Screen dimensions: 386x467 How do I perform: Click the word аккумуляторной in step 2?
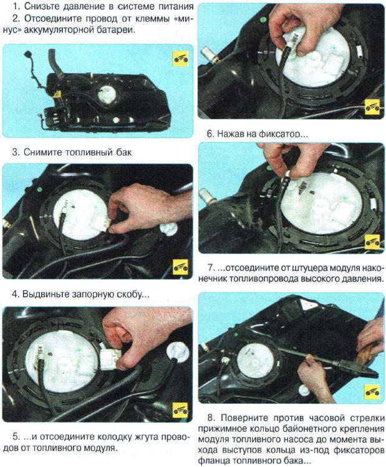[x=59, y=31]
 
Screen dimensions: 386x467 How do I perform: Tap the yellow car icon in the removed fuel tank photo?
[x=180, y=59]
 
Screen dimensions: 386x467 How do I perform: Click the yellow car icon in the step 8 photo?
[x=372, y=391]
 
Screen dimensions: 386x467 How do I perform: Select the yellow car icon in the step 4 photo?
[x=180, y=267]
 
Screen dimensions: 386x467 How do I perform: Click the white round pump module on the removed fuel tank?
[x=107, y=94]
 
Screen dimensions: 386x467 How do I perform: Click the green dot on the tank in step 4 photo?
[x=39, y=189]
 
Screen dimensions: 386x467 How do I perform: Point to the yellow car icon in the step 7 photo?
[x=372, y=242]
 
